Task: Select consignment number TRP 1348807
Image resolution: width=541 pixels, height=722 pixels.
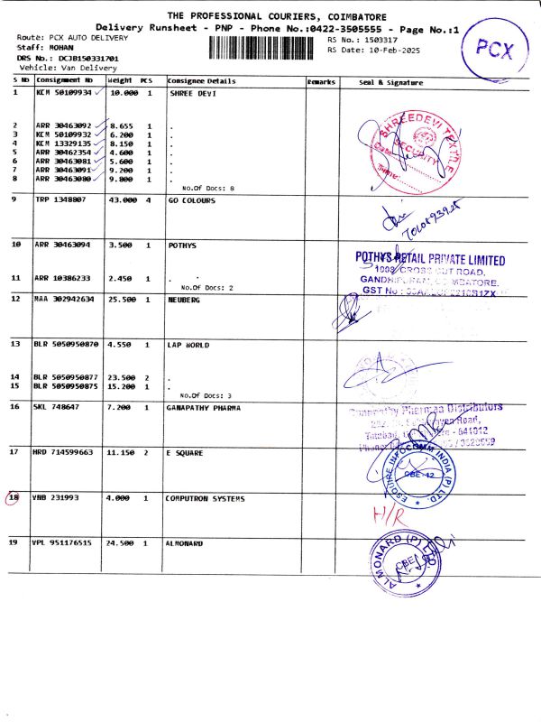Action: pos(60,199)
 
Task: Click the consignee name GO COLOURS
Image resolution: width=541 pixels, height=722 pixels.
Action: pos(191,199)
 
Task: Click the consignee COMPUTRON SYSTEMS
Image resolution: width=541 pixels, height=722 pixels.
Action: pos(205,497)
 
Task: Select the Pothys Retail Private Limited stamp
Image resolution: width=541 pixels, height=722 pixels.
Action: pos(431,275)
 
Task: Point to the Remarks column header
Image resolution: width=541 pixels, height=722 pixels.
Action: pos(321,82)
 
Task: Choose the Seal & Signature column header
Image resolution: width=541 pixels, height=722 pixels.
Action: pos(391,82)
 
